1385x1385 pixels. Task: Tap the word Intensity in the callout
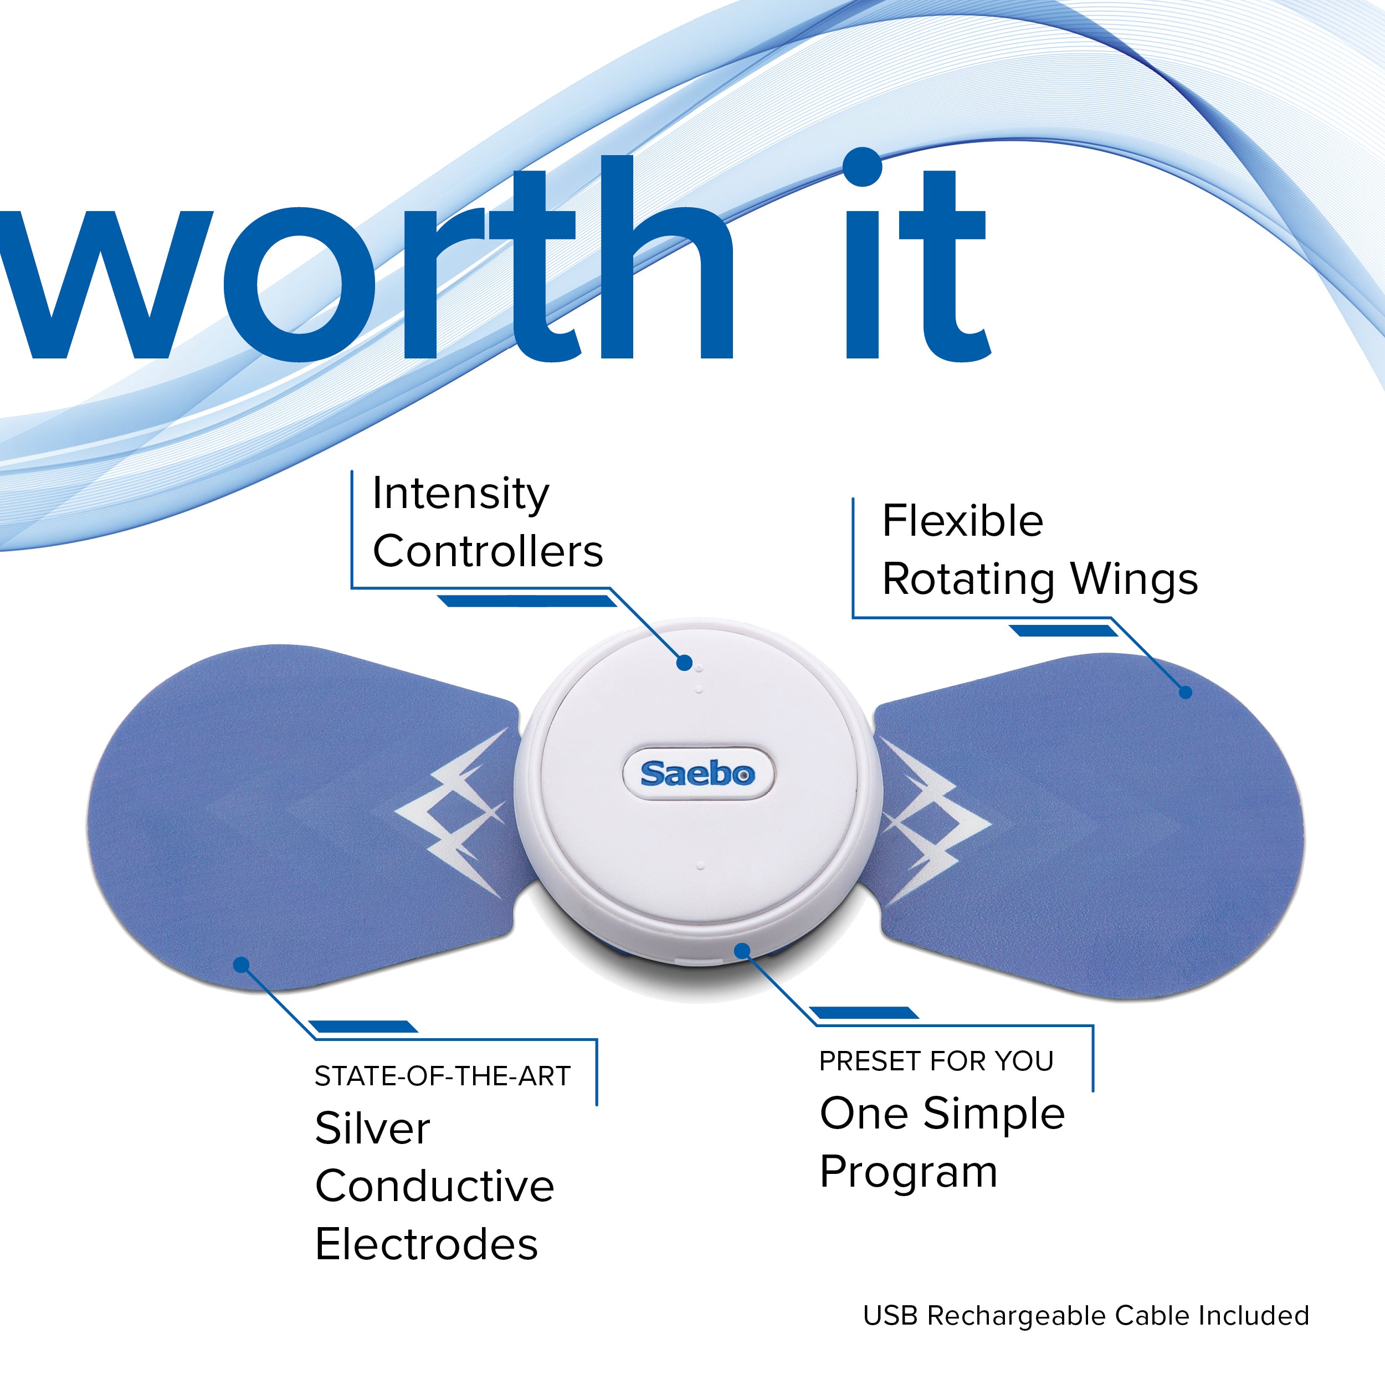pyautogui.click(x=461, y=495)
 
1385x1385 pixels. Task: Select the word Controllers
pyautogui.click(x=488, y=551)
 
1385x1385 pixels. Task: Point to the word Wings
pyautogui.click(x=1134, y=579)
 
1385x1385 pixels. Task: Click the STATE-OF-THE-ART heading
pyautogui.click(x=442, y=1076)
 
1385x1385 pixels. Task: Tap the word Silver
pyautogui.click(x=373, y=1128)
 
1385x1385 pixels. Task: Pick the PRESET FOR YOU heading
pyautogui.click(x=937, y=1061)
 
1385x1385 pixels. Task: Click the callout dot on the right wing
pyautogui.click(x=1186, y=692)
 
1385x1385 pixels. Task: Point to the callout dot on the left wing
pyautogui.click(x=242, y=965)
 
